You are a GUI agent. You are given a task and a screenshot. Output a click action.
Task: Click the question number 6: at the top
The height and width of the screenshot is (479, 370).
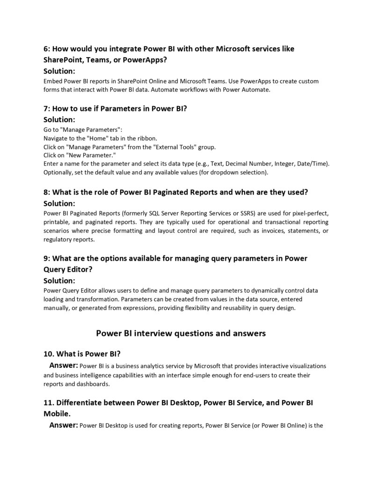coord(47,49)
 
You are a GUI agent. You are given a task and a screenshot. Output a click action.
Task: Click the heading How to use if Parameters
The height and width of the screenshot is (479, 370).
coord(116,109)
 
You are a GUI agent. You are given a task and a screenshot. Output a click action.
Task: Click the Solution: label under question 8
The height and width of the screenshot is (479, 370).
coord(59,203)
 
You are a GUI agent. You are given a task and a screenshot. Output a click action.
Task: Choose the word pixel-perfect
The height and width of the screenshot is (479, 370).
coord(308,213)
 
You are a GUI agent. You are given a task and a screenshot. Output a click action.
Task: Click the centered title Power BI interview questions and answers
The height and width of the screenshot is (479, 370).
coord(181,334)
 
